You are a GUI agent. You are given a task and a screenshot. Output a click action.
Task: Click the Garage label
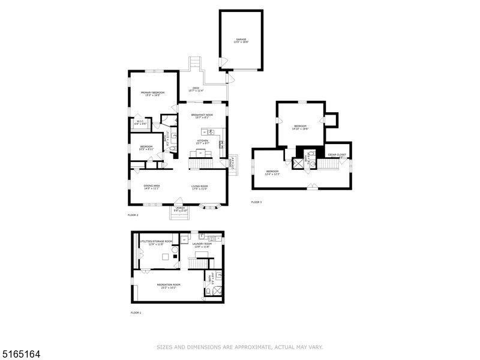click(241, 40)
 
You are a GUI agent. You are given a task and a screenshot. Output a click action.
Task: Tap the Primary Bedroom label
click(153, 94)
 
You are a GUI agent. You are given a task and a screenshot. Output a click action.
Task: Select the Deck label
click(196, 89)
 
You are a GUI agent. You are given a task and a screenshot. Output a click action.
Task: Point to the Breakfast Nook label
click(201, 116)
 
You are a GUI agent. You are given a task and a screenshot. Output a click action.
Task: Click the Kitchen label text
click(202, 142)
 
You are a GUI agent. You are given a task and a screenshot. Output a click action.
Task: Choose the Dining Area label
click(151, 187)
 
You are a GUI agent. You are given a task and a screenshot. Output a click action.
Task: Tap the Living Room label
click(200, 187)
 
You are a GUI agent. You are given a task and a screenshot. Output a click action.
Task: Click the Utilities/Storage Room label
click(156, 242)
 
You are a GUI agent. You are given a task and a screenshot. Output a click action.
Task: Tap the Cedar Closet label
click(338, 155)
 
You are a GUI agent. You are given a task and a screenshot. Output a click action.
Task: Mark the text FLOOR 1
click(136, 313)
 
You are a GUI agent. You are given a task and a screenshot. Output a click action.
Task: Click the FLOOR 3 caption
click(256, 202)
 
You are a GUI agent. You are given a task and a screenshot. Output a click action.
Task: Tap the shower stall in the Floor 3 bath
click(296, 162)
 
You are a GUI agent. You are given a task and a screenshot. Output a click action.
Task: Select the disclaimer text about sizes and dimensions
click(240, 347)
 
